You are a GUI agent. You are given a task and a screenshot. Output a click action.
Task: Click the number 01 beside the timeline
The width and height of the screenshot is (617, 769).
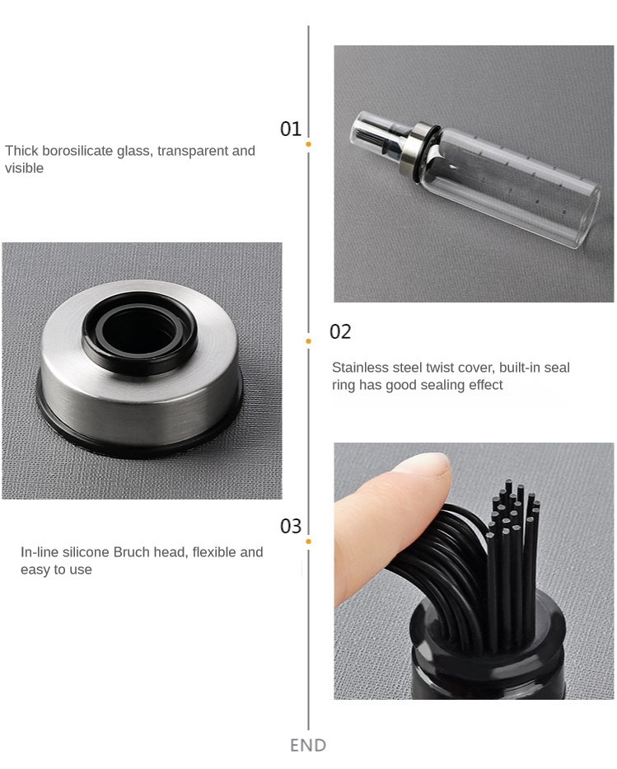(x=290, y=129)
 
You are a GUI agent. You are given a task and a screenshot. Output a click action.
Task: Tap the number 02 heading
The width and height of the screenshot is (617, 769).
(x=340, y=331)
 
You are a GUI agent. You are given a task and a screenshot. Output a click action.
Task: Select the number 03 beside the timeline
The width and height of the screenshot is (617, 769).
(x=291, y=526)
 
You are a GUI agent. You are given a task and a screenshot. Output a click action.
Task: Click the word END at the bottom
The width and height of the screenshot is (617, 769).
(x=308, y=745)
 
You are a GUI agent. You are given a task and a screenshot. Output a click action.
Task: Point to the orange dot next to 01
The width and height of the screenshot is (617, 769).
(x=308, y=144)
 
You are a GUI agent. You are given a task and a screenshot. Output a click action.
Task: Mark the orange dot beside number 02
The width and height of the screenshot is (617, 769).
(x=308, y=341)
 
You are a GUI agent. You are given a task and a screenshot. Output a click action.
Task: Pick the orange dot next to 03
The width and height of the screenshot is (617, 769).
(x=308, y=542)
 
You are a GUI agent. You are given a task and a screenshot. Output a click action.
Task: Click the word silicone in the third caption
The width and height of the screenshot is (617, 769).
(x=86, y=552)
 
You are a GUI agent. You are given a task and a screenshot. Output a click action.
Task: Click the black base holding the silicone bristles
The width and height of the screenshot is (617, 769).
(x=487, y=652)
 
